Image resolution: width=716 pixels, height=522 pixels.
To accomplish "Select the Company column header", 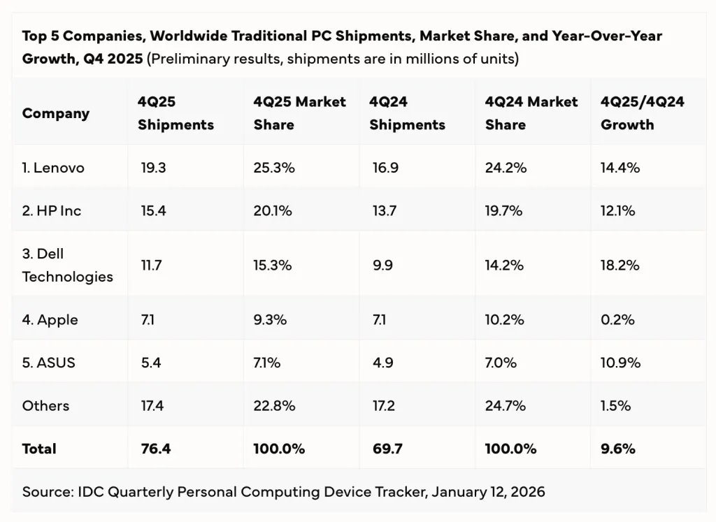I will (x=55, y=113).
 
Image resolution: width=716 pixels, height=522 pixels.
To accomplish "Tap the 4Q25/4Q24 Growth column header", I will (x=642, y=113).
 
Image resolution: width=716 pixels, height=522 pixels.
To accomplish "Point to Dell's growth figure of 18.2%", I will (x=619, y=266).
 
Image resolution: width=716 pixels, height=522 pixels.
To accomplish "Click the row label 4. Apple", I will (x=50, y=320).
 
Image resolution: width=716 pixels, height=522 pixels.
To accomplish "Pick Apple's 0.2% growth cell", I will (x=617, y=320).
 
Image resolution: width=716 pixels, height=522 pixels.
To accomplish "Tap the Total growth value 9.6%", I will (x=617, y=449).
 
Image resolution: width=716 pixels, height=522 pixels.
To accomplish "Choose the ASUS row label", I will (x=48, y=363).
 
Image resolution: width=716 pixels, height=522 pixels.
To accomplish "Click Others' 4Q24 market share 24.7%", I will (x=505, y=405).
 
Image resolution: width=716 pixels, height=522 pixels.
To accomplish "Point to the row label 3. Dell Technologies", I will (x=67, y=266).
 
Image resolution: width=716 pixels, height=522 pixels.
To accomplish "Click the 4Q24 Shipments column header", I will (x=407, y=113).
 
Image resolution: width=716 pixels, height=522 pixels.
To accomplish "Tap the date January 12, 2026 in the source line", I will (x=488, y=491).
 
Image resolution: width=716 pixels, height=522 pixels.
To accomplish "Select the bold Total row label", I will (x=39, y=449).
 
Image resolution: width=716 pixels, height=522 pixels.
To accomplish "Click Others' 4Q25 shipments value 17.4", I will (x=152, y=405).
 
